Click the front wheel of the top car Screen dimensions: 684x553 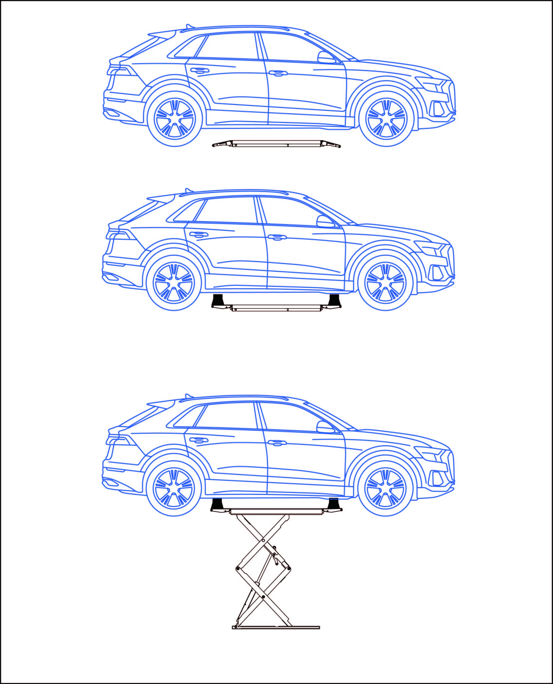(387, 119)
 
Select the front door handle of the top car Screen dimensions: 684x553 (278, 73)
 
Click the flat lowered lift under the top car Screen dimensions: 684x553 (276, 144)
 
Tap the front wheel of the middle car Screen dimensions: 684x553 (385, 283)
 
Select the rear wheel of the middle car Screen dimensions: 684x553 (174, 283)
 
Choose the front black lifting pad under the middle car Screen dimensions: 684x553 (334, 300)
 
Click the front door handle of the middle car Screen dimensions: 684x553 (277, 237)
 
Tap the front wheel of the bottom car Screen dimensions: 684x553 (385, 489)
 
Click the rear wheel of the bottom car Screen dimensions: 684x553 (174, 489)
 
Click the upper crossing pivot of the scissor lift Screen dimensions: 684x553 (263, 541)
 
